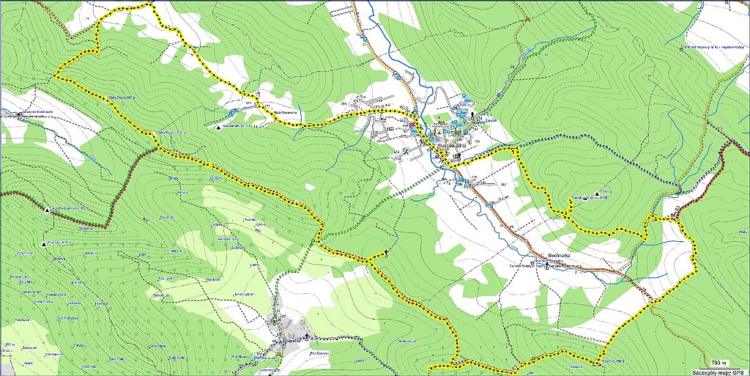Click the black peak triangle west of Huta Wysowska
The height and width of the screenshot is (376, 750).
[x=219, y=128]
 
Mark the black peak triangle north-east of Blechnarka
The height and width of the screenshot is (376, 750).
[x=598, y=194]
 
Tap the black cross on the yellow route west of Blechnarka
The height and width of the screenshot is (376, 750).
[x=385, y=253]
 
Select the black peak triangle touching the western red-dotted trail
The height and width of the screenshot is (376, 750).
[x=47, y=211]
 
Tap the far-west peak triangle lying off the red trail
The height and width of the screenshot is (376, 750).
[x=44, y=243]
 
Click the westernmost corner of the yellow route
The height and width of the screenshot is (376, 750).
[x=56, y=75]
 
